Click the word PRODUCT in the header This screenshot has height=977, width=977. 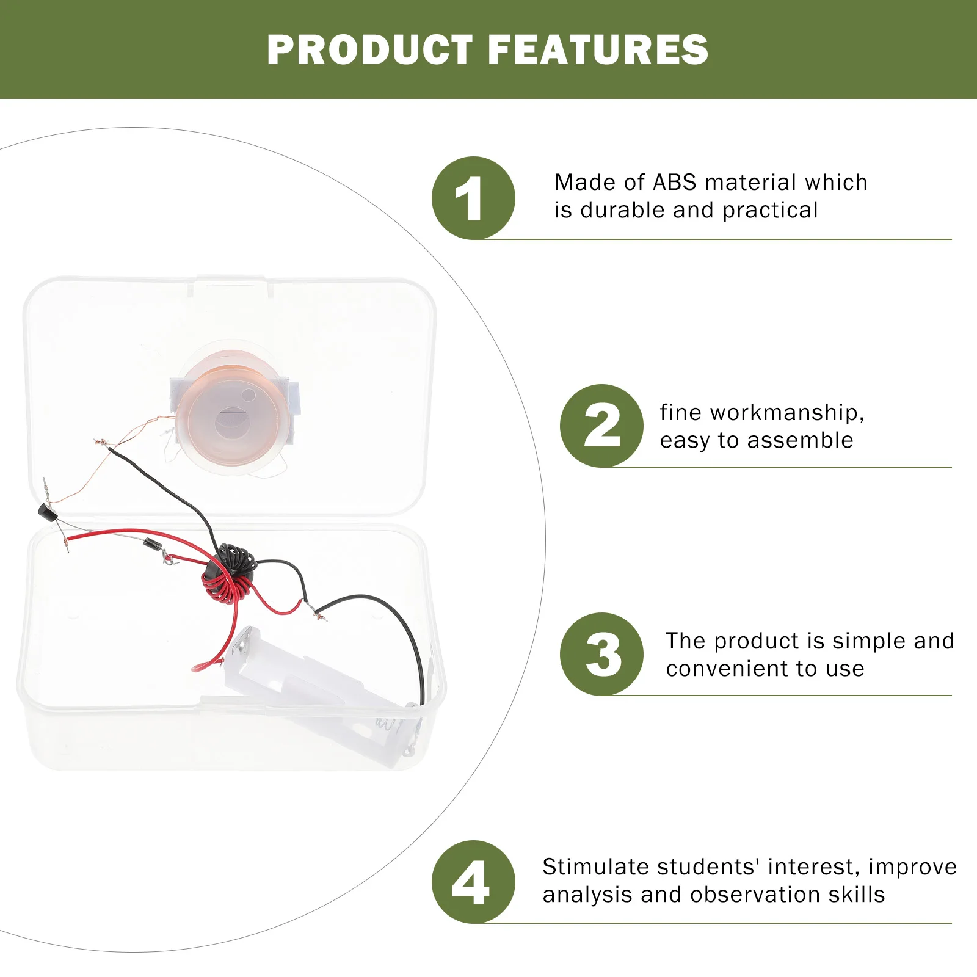click(x=370, y=49)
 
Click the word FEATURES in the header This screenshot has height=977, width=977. click(x=598, y=49)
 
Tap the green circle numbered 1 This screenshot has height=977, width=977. click(x=473, y=198)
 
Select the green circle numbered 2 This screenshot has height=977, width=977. click(x=601, y=426)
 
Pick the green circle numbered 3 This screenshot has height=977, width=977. click(x=601, y=654)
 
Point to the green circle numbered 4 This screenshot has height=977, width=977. click(x=473, y=882)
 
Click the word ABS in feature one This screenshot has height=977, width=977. click(x=675, y=182)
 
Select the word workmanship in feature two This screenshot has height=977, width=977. click(x=787, y=413)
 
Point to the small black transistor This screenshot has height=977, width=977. click(x=47, y=512)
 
